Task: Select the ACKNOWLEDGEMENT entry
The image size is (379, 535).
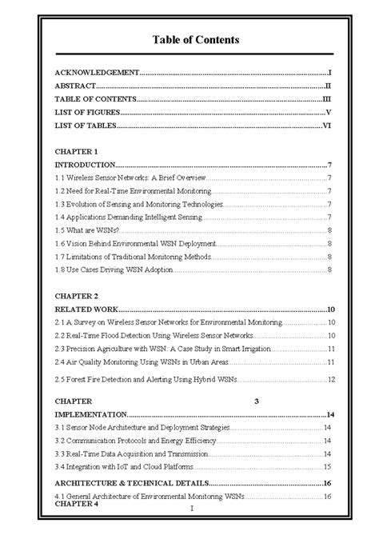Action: pyautogui.click(x=97, y=72)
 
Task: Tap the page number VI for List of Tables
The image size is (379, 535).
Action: pyautogui.click(x=327, y=126)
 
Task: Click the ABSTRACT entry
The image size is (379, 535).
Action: pyautogui.click(x=76, y=86)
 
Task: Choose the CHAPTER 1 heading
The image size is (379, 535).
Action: pyautogui.click(x=76, y=150)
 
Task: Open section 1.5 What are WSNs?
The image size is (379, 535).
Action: pyautogui.click(x=88, y=230)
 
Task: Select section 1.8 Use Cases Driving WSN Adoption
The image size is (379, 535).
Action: pyautogui.click(x=115, y=269)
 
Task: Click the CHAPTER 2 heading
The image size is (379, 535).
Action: pyautogui.click(x=76, y=295)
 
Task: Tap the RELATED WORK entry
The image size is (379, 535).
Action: pyautogui.click(x=86, y=309)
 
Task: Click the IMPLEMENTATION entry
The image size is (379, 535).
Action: pyautogui.click(x=90, y=415)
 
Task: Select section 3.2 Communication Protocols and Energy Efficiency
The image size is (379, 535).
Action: pyautogui.click(x=135, y=441)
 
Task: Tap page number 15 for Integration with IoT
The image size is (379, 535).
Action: pyautogui.click(x=328, y=467)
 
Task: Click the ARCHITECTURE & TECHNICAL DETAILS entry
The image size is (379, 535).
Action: pyautogui.click(x=132, y=484)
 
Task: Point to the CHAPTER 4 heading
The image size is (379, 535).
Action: pyautogui.click(x=76, y=505)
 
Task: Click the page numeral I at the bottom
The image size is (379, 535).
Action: pyautogui.click(x=192, y=508)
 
